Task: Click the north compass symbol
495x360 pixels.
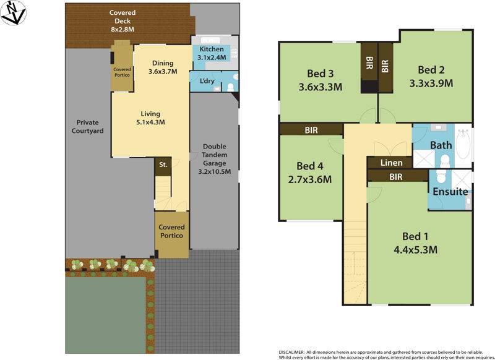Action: coord(14,12)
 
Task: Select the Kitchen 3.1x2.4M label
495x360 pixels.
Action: coord(212,53)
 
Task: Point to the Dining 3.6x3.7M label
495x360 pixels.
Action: coord(163,67)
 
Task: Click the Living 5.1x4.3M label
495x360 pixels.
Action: coord(150,118)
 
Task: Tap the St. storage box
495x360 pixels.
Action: coord(163,165)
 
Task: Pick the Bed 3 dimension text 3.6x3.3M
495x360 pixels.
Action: coord(321,87)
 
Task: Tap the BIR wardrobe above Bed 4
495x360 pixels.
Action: coord(311,130)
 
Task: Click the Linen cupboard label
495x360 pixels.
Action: coord(392,163)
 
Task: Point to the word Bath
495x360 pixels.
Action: coord(441,146)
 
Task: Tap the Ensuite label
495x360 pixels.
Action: coord(450,192)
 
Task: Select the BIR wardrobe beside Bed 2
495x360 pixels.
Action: coord(385,66)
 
